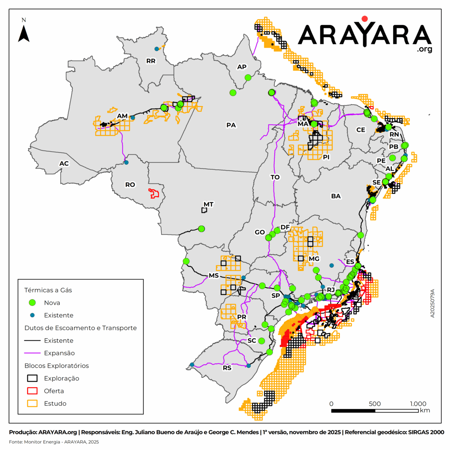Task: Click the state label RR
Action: pos(151,61)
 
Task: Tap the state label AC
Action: pos(64,163)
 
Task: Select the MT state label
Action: pos(208,204)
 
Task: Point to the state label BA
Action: pos(336,196)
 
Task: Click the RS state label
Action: pos(227,368)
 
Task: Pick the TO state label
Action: pos(275,177)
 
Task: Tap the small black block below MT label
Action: pos(204,210)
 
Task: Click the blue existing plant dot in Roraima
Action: pos(157,49)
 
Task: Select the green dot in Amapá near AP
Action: pos(248,77)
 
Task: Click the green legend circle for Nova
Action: pos(32,303)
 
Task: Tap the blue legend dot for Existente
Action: pos(32,315)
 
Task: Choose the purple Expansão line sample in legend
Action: pos(32,353)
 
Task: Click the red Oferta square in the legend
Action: pos(32,391)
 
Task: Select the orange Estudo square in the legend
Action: pos(32,403)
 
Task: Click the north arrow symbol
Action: pos(24,33)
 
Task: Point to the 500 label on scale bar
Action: pos(375,403)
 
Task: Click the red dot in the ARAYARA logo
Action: pos(364,18)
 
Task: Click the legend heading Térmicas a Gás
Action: pos(48,290)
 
